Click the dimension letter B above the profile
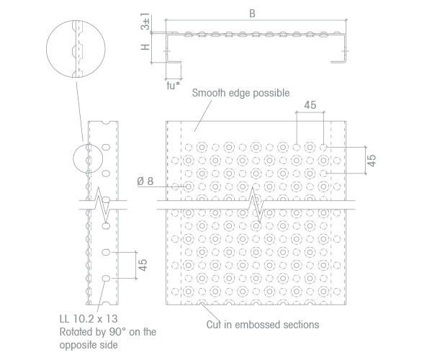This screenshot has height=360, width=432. [252, 14]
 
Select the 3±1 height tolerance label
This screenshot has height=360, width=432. [145, 21]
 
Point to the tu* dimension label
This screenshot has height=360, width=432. [174, 86]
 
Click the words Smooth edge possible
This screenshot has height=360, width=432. [240, 93]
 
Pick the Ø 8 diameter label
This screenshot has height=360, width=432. [145, 181]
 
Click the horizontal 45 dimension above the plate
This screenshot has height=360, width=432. [310, 105]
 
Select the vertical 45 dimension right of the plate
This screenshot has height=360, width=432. [372, 161]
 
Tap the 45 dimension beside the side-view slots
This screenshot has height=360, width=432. [143, 265]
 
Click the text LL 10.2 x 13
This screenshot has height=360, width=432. [89, 319]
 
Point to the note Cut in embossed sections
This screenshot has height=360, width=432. [263, 325]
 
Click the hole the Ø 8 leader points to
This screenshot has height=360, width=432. [189, 186]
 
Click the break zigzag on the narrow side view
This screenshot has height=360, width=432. [102, 204]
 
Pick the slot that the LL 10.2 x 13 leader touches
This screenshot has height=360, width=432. [106, 279]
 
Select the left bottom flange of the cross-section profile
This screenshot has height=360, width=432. [174, 62]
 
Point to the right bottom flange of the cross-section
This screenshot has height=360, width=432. [338, 62]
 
